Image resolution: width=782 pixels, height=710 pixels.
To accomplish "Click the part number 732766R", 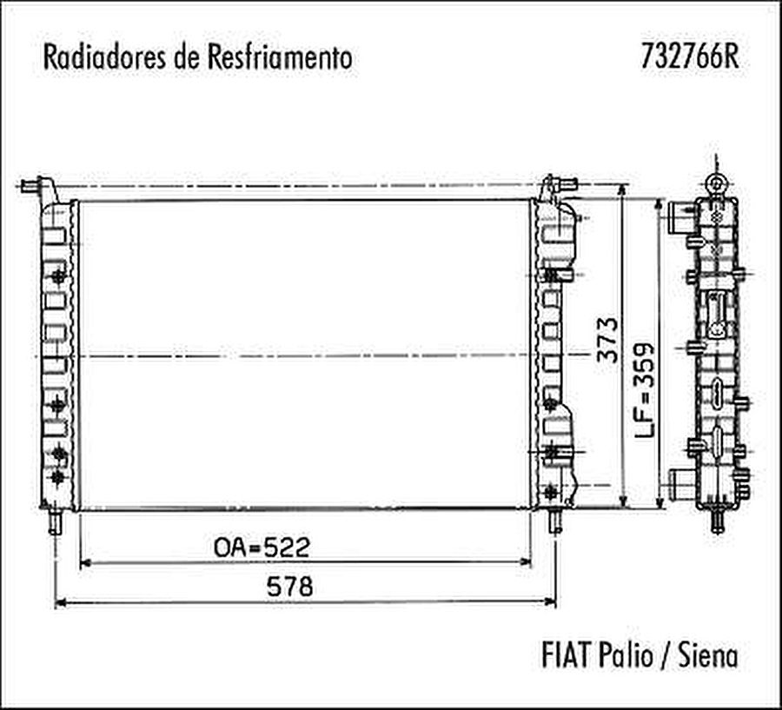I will click(690, 56).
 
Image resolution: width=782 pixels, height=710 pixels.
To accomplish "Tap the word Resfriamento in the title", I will click(280, 57).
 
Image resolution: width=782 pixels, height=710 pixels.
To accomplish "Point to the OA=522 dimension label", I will click(262, 547).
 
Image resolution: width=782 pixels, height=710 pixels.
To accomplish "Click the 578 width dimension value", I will click(289, 587).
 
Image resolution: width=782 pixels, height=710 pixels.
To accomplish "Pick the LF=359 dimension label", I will click(644, 388).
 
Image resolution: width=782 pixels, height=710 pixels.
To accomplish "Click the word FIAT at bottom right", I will click(567, 654).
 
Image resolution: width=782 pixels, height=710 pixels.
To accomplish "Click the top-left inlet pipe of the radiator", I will click(31, 185).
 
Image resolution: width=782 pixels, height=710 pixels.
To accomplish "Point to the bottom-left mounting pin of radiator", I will click(56, 521).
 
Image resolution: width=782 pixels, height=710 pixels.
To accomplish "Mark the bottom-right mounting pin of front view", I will click(553, 521).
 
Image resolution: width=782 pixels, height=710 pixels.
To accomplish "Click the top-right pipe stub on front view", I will click(567, 183).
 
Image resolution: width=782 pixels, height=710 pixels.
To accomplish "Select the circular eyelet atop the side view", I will click(716, 183).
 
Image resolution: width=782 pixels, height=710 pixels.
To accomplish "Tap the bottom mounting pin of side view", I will click(717, 521).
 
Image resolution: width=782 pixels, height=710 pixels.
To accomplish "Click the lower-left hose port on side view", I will click(679, 481).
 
